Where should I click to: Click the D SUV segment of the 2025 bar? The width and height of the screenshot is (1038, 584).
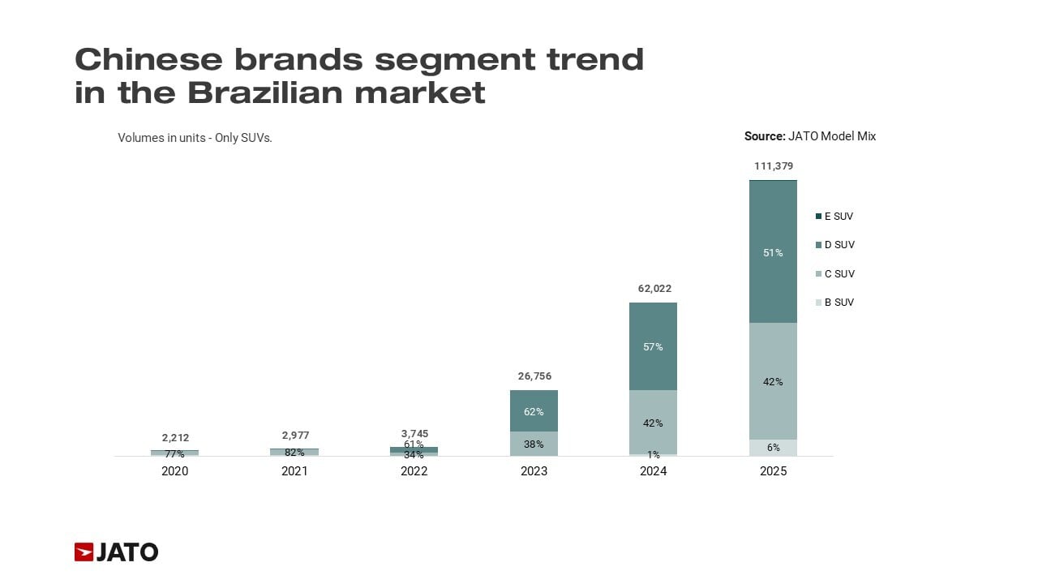click(x=773, y=251)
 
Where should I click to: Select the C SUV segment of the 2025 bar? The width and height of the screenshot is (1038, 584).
click(x=773, y=381)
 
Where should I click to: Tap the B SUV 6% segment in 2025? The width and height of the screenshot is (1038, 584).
click(x=773, y=448)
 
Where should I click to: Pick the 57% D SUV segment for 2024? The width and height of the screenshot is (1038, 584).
click(x=653, y=346)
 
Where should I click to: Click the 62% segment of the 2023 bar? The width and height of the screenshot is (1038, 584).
click(x=534, y=411)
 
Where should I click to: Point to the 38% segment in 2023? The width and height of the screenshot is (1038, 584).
click(x=534, y=444)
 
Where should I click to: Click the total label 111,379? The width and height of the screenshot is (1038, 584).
click(x=773, y=166)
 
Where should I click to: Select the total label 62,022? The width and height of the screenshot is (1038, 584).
click(x=653, y=289)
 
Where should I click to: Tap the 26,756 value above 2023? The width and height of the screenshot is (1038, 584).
click(x=534, y=376)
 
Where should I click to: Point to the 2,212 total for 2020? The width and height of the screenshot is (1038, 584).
click(x=174, y=438)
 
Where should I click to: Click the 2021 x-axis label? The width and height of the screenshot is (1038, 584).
click(x=294, y=471)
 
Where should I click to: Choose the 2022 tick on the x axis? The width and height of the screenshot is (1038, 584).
click(x=414, y=471)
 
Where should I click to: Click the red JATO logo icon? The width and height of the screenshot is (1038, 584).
click(x=84, y=552)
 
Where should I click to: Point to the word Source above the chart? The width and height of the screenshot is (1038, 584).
click(x=764, y=136)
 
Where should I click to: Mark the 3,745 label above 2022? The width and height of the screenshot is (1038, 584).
click(x=414, y=434)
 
